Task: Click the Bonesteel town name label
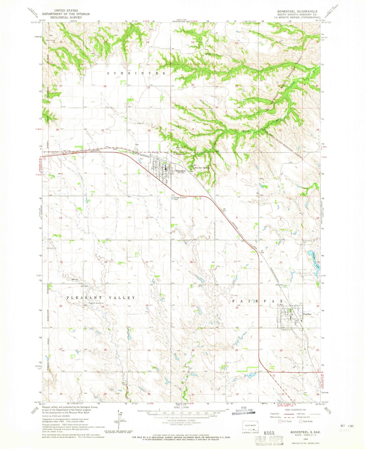(x=180, y=171)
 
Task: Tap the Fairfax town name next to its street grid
(x=307, y=314)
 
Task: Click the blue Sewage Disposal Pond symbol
(x=172, y=199)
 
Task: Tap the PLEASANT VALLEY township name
(x=101, y=298)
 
